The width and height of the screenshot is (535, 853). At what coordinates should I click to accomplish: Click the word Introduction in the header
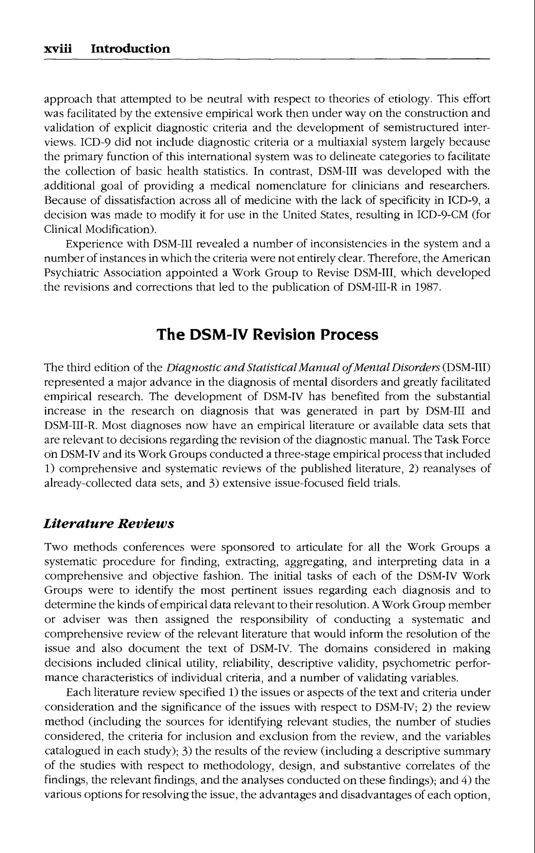(130, 49)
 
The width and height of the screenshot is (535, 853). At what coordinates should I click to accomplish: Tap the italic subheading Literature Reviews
(109, 524)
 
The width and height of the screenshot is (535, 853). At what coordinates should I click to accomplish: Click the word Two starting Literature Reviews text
(56, 547)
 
